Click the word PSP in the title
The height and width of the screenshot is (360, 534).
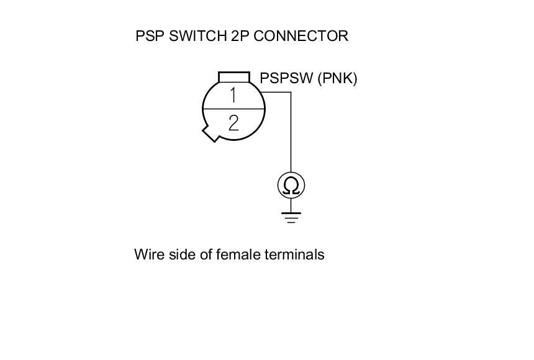(x=150, y=36)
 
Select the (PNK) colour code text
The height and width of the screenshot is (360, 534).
(x=337, y=79)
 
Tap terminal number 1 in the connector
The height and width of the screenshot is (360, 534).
(x=233, y=96)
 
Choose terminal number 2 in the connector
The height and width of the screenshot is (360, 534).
(x=233, y=122)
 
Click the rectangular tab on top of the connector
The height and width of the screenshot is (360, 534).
(x=234, y=76)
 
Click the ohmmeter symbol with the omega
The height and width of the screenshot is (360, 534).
(x=291, y=185)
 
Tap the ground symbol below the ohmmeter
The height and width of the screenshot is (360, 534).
(x=291, y=217)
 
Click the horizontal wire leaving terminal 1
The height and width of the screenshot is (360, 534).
(x=276, y=92)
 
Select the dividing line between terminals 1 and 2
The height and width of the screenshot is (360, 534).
(x=233, y=109)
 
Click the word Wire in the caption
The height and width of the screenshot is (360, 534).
(x=147, y=254)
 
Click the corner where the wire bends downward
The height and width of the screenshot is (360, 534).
(x=291, y=92)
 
